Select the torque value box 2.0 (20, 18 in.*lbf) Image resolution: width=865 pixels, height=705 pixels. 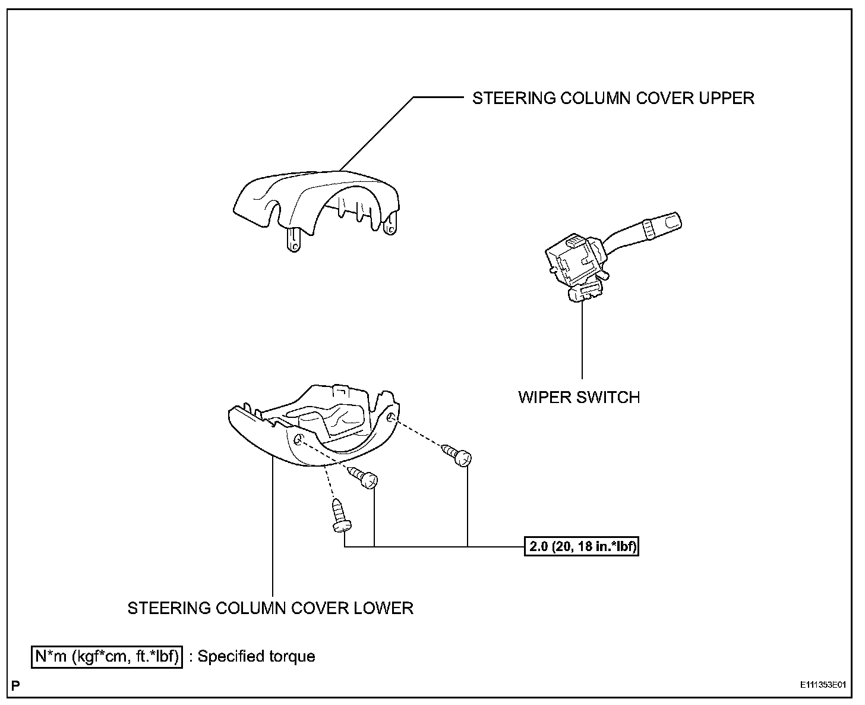(x=581, y=546)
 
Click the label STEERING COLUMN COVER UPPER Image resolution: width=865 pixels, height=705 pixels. (x=613, y=98)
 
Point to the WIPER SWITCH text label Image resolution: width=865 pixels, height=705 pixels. (x=579, y=397)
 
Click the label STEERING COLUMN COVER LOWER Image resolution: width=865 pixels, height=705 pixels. (x=270, y=608)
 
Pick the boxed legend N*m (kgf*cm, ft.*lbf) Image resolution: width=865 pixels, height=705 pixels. (x=107, y=657)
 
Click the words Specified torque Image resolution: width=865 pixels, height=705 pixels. (x=256, y=657)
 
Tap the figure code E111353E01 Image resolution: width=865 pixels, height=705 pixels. (x=822, y=685)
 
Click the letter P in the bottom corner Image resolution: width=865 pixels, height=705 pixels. (x=15, y=685)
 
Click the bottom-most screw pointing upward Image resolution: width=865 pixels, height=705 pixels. (x=340, y=515)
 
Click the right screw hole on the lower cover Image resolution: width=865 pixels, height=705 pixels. (x=390, y=419)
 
